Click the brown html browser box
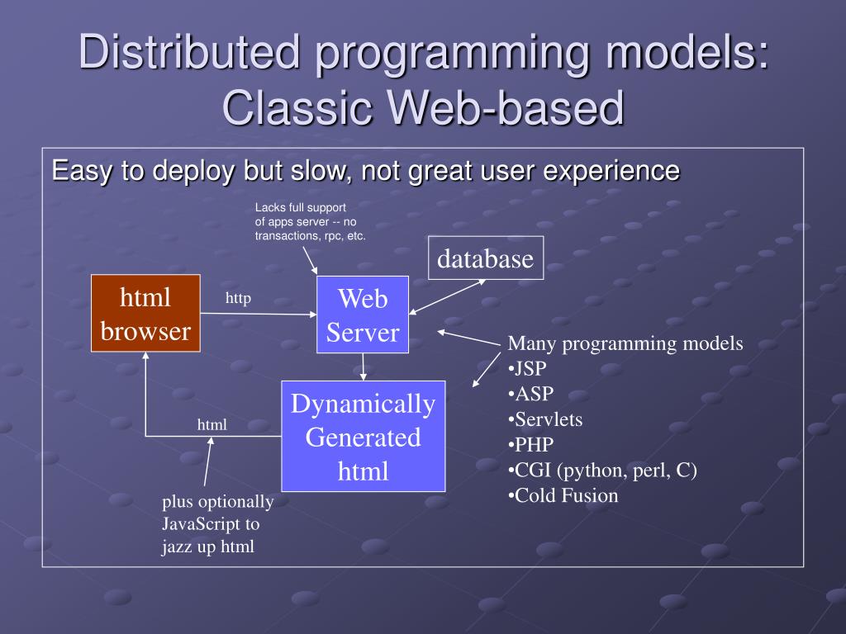click(145, 314)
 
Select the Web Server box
click(363, 315)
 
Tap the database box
click(486, 258)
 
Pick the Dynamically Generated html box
click(363, 436)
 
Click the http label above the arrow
click(238, 298)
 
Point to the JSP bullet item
click(528, 368)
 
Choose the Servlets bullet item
click(545, 419)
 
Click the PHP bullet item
click(530, 445)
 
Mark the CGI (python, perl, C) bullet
click(603, 471)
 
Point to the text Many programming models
click(625, 343)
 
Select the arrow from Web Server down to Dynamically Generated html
click(363, 367)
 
